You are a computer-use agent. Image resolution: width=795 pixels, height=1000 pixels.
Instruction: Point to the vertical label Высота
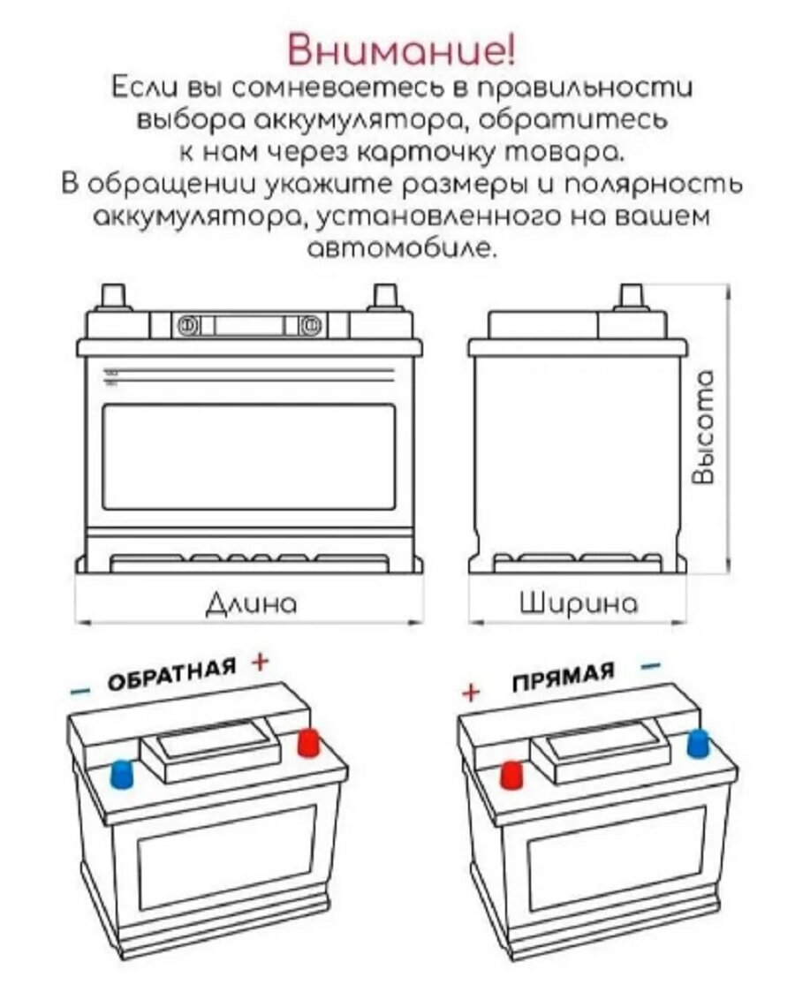click(x=703, y=428)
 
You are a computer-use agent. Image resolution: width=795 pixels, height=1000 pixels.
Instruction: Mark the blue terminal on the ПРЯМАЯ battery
click(x=699, y=744)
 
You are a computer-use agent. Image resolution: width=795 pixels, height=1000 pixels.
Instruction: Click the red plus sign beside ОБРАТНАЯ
click(x=258, y=660)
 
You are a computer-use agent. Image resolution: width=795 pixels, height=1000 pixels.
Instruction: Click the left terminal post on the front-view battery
click(x=115, y=295)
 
